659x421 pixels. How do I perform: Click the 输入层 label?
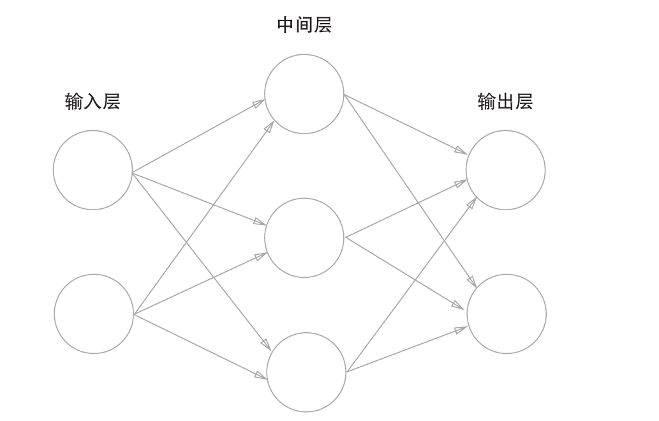tap(93, 102)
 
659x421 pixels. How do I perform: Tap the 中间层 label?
tap(304, 25)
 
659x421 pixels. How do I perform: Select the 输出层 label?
tap(505, 102)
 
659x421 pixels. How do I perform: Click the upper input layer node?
tap(93, 170)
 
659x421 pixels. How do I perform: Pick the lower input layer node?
tap(94, 314)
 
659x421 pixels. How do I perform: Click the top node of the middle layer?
tap(304, 94)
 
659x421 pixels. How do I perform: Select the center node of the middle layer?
tap(304, 238)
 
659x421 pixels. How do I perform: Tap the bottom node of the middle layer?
tap(306, 372)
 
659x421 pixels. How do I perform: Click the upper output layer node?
tap(505, 170)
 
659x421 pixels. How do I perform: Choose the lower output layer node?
tap(507, 314)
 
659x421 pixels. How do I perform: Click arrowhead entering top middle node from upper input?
tap(259, 102)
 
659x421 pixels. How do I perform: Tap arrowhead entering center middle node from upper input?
tap(260, 222)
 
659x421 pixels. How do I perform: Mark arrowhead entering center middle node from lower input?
tap(260, 256)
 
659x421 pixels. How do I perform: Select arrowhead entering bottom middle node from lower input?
tap(261, 376)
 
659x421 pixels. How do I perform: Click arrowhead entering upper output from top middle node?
tap(461, 151)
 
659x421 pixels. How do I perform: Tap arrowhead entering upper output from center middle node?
tap(461, 183)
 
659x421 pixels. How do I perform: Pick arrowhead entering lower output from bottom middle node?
tap(461, 329)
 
